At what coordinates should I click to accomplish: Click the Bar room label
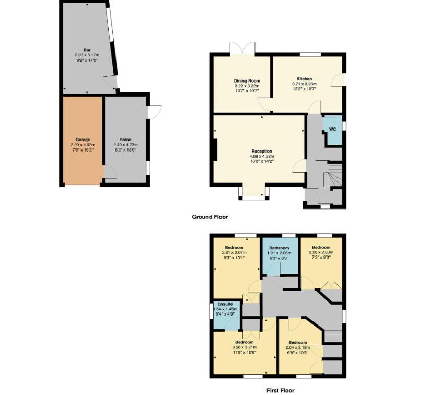tap(87, 50)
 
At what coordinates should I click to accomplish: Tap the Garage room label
tap(83, 140)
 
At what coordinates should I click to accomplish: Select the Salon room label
tap(125, 140)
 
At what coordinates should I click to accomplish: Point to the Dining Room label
tap(247, 81)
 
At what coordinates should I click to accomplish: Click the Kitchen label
tap(304, 79)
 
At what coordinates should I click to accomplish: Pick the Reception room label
tap(262, 151)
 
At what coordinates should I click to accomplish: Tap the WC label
tap(332, 128)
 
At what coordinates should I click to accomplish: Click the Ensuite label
tap(226, 304)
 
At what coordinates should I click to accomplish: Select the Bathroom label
tap(279, 248)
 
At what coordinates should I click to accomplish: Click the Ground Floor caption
tap(210, 217)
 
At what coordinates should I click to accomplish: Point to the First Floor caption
tap(280, 390)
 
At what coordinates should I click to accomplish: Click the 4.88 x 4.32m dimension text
tap(262, 156)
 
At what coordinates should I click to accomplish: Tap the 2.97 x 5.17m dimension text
tap(87, 55)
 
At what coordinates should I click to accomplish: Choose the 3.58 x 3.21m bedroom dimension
tap(245, 347)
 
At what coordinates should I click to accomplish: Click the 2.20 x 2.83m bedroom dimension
tap(321, 252)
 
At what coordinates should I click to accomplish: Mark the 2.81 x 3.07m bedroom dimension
tap(234, 252)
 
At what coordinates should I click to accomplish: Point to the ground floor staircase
tap(333, 174)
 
